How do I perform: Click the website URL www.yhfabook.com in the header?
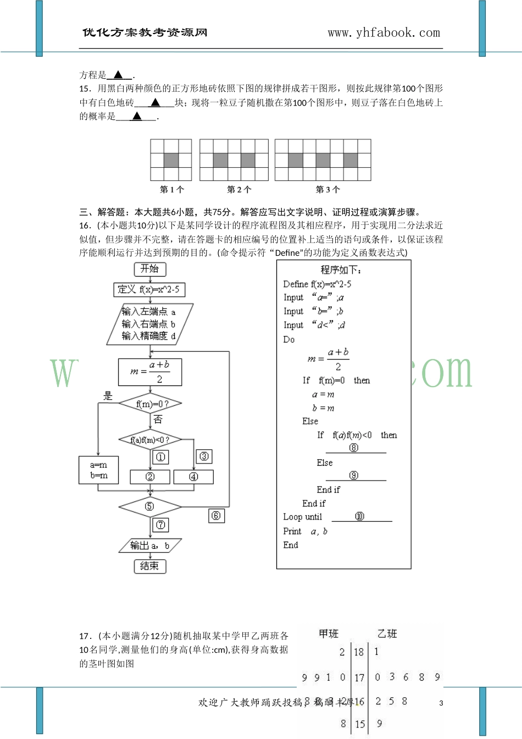click(384, 33)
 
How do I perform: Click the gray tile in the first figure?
click(171, 160)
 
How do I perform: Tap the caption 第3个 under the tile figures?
click(327, 190)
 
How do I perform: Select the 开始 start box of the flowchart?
click(150, 269)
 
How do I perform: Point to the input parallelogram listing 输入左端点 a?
click(149, 324)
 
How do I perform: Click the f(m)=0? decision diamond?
click(150, 404)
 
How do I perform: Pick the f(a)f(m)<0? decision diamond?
click(150, 440)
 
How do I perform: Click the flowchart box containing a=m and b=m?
click(99, 470)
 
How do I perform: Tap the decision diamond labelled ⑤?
click(150, 506)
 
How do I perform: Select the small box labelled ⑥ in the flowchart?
click(216, 516)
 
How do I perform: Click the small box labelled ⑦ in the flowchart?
click(160, 525)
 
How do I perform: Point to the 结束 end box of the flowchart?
click(150, 566)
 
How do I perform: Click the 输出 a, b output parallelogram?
click(150, 545)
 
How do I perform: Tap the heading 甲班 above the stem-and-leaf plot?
click(329, 634)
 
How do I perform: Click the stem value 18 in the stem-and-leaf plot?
click(359, 652)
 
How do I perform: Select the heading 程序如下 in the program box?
click(341, 270)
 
